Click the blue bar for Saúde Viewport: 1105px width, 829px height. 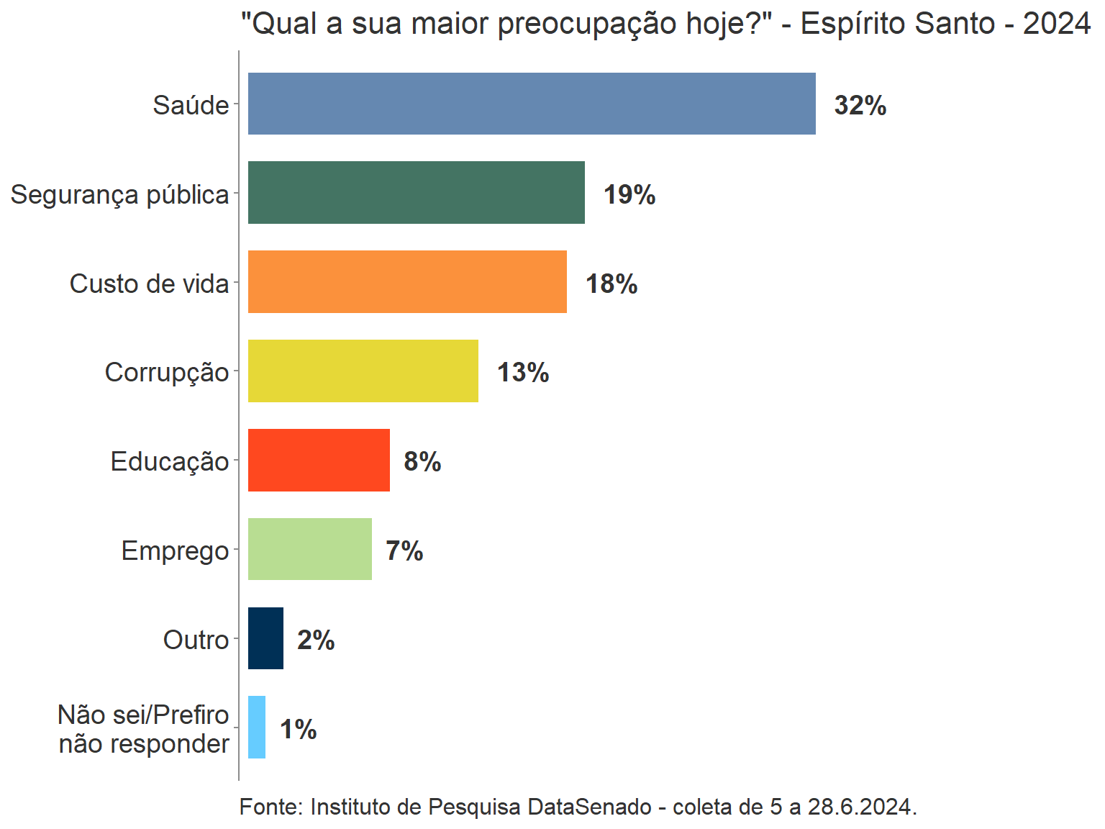(x=532, y=104)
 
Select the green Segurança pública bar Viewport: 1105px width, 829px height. (x=416, y=193)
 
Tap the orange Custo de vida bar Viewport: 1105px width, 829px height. (x=407, y=282)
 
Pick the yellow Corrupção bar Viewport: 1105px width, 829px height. (x=363, y=371)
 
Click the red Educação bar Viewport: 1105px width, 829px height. (x=319, y=461)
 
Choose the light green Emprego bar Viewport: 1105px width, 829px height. (x=309, y=549)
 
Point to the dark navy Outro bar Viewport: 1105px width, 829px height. (x=265, y=638)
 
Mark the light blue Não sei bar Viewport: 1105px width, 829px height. (x=257, y=728)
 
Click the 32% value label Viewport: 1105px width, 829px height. (x=860, y=106)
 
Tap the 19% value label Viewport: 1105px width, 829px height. (x=629, y=195)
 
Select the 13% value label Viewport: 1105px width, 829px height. (x=523, y=373)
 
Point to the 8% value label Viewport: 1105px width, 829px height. (x=422, y=462)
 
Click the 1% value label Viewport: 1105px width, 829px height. (x=298, y=730)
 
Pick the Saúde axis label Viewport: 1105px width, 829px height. (x=191, y=106)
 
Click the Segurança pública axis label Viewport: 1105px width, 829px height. (x=119, y=195)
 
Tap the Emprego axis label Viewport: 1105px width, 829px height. (x=175, y=551)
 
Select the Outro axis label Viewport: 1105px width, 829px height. (x=196, y=640)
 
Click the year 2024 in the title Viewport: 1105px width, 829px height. (x=1056, y=24)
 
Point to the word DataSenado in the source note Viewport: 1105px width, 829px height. (x=589, y=807)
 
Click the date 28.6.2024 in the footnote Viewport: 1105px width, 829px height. (x=860, y=807)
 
